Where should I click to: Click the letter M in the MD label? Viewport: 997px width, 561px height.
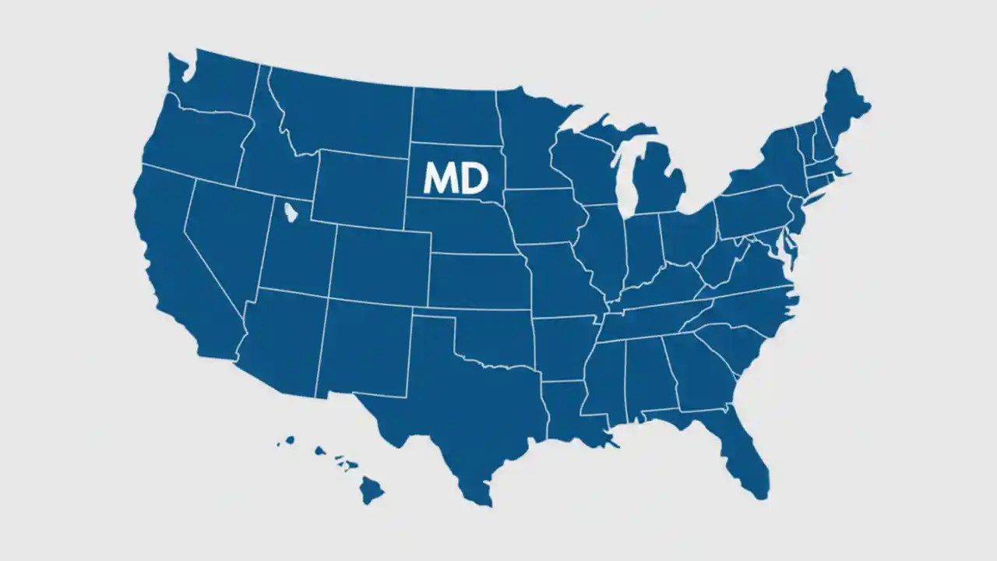439,178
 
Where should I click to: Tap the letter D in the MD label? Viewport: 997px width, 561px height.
473,178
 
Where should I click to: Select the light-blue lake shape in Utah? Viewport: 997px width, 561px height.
290,211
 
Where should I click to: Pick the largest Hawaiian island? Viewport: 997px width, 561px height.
372,489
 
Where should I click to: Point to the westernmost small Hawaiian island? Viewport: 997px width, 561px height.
288,441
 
